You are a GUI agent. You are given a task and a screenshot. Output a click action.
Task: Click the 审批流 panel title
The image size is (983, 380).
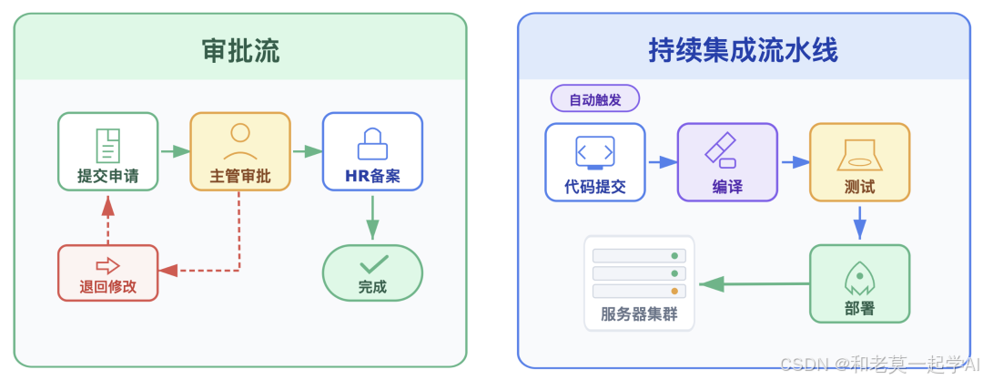[x=240, y=51]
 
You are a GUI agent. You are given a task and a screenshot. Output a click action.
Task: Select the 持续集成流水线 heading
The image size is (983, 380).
[x=743, y=51]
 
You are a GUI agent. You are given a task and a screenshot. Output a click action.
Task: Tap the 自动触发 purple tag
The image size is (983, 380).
[x=595, y=99]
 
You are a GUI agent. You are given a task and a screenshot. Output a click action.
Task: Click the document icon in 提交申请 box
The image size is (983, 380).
[x=108, y=145]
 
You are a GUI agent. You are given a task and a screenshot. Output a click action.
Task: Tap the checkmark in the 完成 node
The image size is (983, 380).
[x=372, y=264]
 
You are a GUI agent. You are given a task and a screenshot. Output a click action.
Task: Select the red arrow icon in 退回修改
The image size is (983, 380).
[x=108, y=265]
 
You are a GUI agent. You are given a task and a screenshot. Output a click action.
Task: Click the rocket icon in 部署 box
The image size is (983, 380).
[x=859, y=275]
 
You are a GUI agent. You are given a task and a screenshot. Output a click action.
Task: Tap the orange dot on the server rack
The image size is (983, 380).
[x=674, y=292]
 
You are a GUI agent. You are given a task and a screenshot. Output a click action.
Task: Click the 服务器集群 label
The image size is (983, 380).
[x=638, y=315]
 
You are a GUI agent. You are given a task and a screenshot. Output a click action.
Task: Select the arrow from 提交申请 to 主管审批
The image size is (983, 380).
[x=174, y=151]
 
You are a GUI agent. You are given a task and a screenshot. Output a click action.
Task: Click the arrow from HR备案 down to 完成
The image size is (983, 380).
[x=372, y=218]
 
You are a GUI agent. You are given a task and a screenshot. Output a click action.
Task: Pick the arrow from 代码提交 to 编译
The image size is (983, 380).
[x=662, y=161]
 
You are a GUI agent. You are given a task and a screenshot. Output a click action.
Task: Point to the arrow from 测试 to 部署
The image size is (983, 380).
[x=859, y=221]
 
